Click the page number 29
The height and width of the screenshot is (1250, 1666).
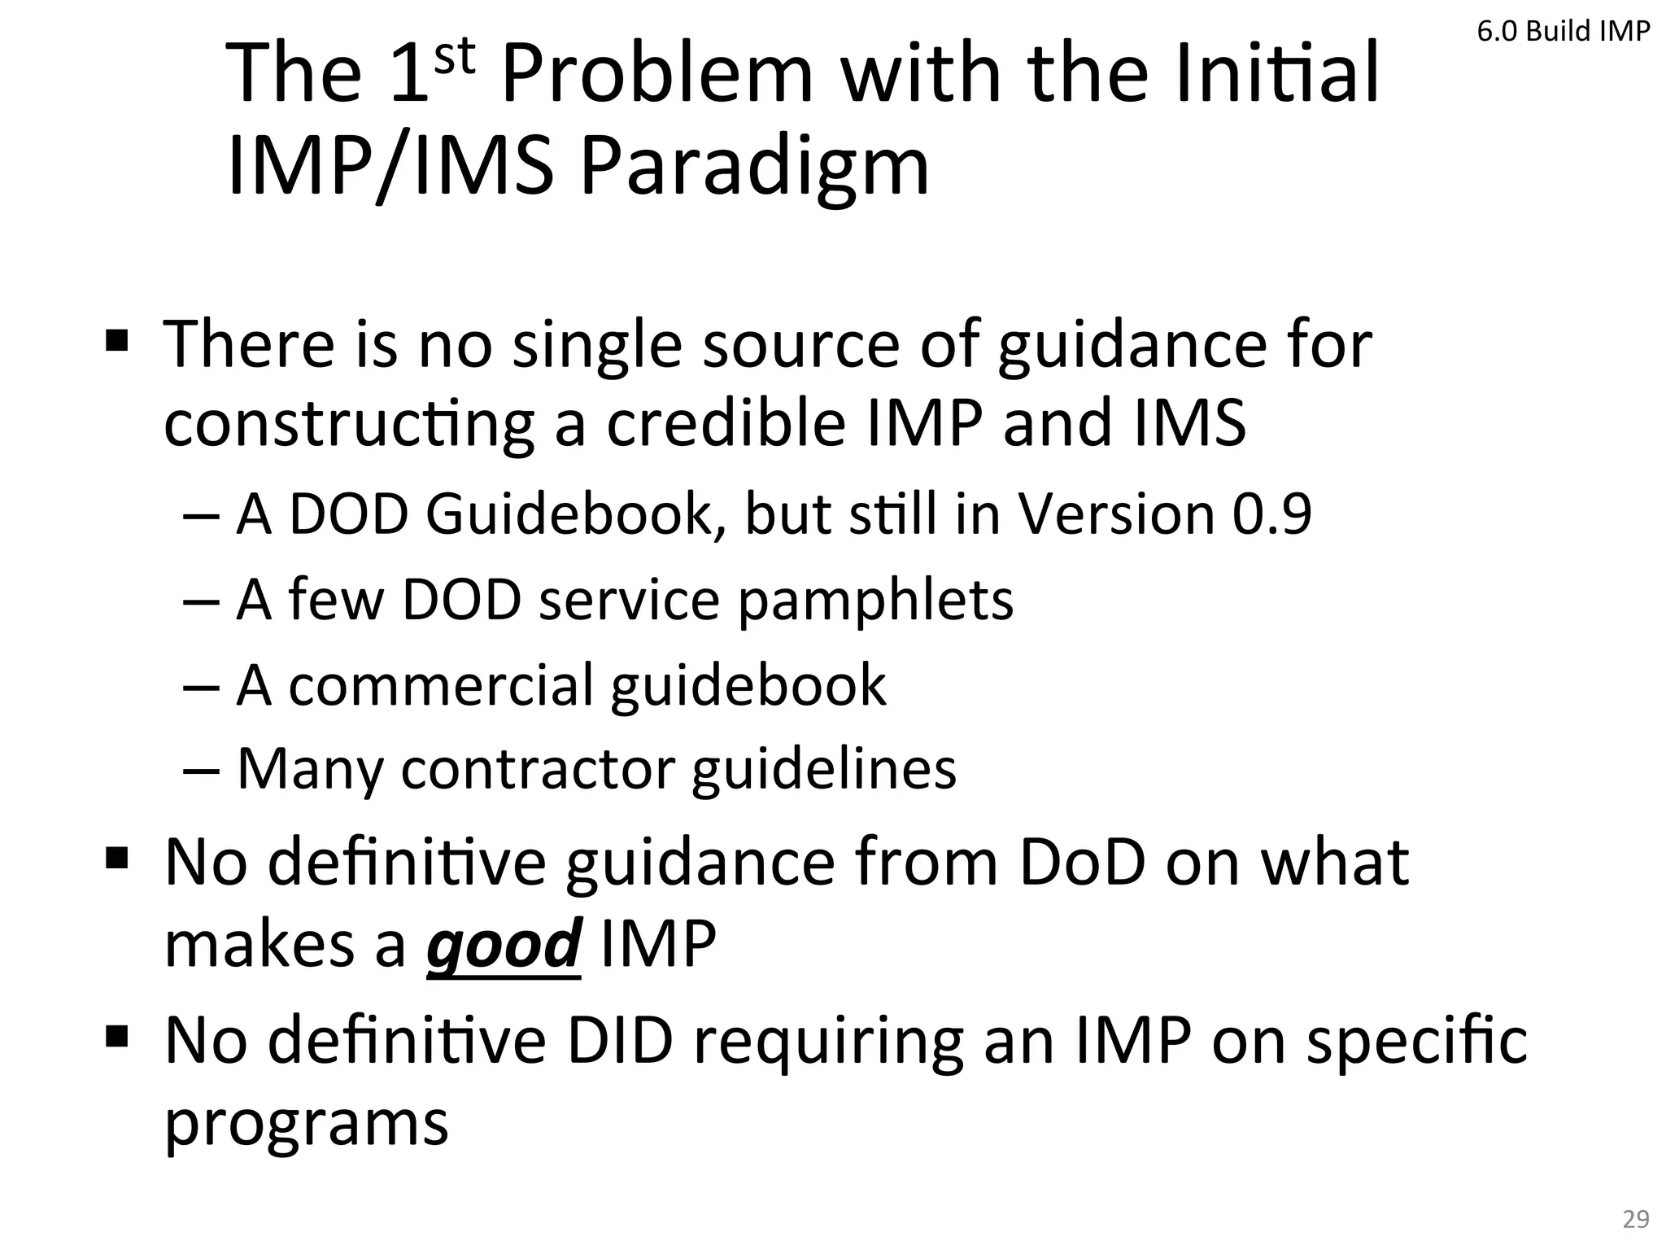pos(1636,1219)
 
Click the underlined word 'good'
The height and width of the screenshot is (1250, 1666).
pos(504,944)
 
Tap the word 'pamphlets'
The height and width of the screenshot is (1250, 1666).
pos(875,600)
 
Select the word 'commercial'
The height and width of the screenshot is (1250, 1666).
pos(440,684)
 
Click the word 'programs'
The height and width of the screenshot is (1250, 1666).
pos(307,1123)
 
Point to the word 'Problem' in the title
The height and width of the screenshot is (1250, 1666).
pos(657,73)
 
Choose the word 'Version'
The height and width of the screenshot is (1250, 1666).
pos(1116,514)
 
